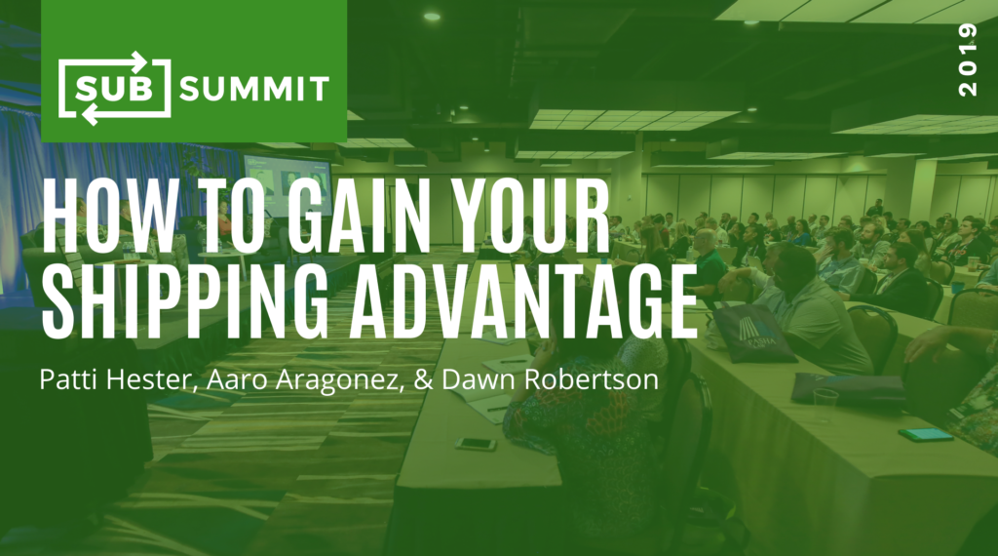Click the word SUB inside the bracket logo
click(115, 89)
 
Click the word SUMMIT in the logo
click(254, 89)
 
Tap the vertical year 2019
click(968, 60)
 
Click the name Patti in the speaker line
click(69, 378)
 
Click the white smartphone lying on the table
click(475, 443)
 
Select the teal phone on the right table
click(926, 435)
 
